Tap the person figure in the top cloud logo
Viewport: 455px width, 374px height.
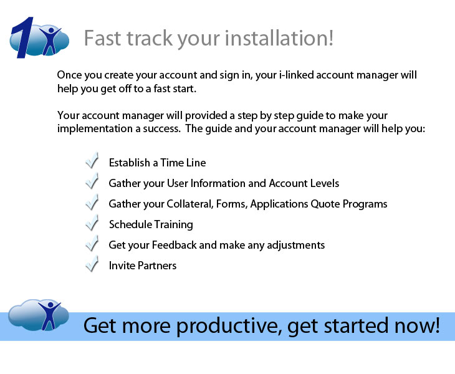[50, 41]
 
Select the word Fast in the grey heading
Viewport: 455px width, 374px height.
[102, 38]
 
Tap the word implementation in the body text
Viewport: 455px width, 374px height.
[95, 128]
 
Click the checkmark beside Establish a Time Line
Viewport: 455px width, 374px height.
[92, 160]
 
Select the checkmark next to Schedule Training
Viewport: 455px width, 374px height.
[92, 223]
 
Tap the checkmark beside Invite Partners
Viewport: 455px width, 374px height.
[92, 264]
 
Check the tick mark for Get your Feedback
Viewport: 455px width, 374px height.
[92, 243]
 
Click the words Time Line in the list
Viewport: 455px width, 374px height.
[183, 163]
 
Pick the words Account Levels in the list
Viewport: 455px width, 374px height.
[304, 183]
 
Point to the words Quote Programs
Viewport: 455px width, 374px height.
[349, 204]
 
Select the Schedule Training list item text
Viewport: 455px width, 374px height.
[151, 224]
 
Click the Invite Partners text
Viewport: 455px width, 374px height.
[143, 266]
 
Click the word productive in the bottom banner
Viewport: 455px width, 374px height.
[229, 326]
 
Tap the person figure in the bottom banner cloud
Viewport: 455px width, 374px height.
[49, 315]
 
